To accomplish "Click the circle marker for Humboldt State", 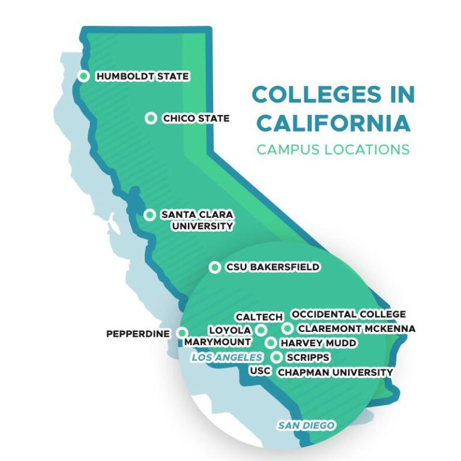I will coord(83,76).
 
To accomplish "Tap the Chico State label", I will coord(196,118).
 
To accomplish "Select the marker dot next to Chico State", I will coord(151,118).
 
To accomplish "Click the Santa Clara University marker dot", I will coord(149,215).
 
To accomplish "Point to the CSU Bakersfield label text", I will coord(273,267).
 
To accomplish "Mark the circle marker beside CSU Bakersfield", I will coord(214,268).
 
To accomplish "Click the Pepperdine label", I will coord(138,333).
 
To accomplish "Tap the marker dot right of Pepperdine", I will coord(182,333).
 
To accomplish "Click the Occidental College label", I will coord(348,314).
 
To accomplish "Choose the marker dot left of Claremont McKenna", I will coord(288,328).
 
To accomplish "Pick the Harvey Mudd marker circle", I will coord(271,343).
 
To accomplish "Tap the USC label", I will coord(260,371).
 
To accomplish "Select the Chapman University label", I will coord(335,372).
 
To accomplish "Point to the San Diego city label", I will coord(306,425).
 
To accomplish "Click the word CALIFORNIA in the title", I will coord(334,123).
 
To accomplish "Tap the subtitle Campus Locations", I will coord(333,149).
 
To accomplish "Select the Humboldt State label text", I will coord(142,76).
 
